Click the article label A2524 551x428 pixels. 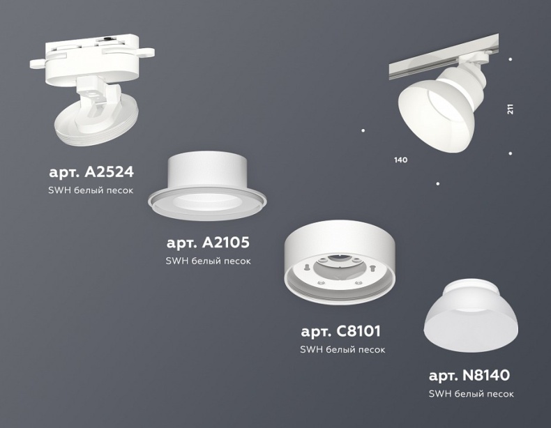point(91,171)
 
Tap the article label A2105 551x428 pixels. point(208,243)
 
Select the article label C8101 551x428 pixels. point(340,331)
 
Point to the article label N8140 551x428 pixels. point(469,376)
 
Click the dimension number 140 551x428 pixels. point(400,160)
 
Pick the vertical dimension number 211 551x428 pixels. point(511,109)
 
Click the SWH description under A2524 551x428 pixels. point(91,190)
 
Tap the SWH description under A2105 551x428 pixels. point(208,261)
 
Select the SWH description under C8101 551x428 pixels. point(342,349)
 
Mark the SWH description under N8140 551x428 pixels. point(471,394)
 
